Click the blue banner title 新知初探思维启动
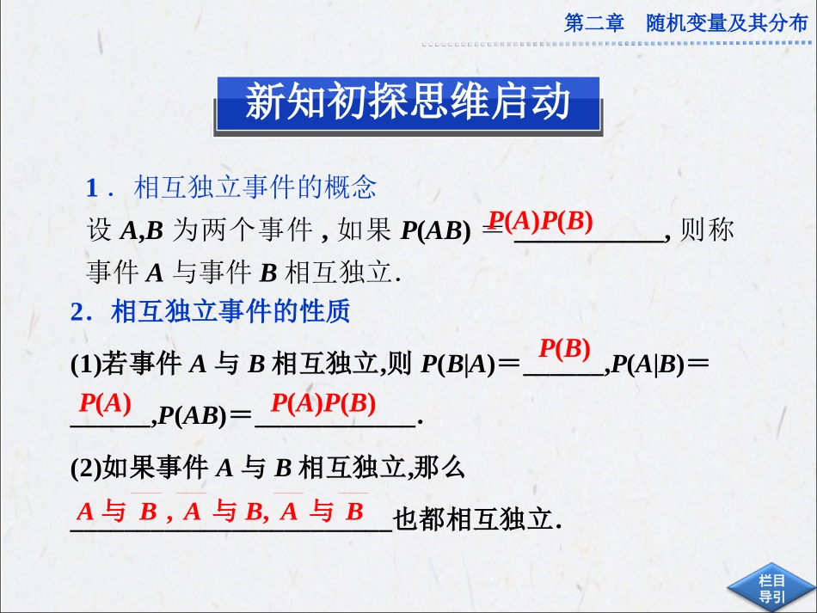pyautogui.click(x=408, y=102)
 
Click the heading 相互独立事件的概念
pyautogui.click(x=255, y=187)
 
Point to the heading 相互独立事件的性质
pyautogui.click(x=230, y=311)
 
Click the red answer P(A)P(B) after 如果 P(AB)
pyautogui.click(x=541, y=222)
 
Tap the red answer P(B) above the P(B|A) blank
pyautogui.click(x=564, y=349)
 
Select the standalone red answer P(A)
pyautogui.click(x=105, y=402)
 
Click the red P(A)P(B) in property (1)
pyautogui.click(x=323, y=402)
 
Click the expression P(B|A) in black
pyautogui.click(x=458, y=365)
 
